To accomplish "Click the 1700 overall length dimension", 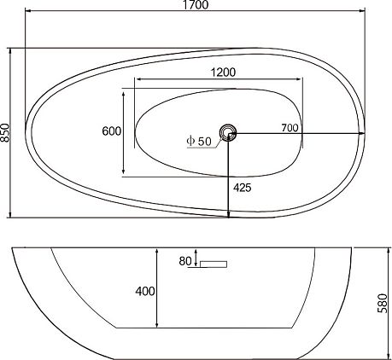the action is click(x=196, y=5).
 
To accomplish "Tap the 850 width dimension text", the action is click(x=5, y=133).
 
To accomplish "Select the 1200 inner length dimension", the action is click(x=223, y=73).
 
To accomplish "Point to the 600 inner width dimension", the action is click(x=112, y=131).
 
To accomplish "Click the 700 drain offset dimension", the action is click(x=290, y=128).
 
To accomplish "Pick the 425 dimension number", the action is click(x=243, y=188).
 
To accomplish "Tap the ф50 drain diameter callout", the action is click(x=199, y=141).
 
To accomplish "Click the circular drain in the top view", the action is click(x=228, y=133).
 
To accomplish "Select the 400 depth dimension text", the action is click(x=145, y=291).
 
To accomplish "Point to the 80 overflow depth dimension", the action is click(x=185, y=261).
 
